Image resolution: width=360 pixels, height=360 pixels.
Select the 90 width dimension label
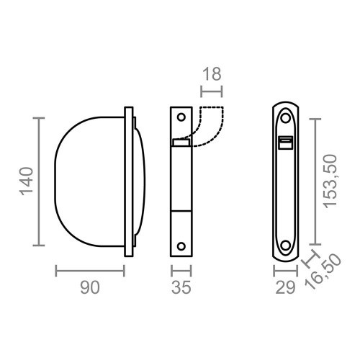[x=89, y=289]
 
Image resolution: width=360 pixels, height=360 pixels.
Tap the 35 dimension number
[x=181, y=289]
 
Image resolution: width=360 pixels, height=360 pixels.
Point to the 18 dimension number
[x=212, y=73]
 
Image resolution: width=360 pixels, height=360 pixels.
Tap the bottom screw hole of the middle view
[x=182, y=243]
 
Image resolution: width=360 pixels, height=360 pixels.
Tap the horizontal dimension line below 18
[x=212, y=91]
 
